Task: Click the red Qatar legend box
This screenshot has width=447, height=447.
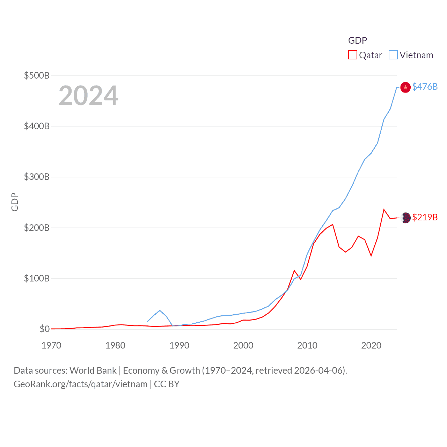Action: [x=353, y=55]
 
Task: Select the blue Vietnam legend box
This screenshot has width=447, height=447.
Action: [x=393, y=55]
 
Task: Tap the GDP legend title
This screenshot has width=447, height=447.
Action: [x=358, y=41]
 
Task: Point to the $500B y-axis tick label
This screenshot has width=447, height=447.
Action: [x=37, y=75]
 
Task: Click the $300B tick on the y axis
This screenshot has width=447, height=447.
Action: [x=37, y=177]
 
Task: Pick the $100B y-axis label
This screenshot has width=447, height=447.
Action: [x=37, y=278]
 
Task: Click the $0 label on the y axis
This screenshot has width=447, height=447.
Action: [x=44, y=329]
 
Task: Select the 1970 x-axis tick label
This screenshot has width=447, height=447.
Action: [x=51, y=345]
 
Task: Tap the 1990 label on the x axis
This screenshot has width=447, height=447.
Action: [x=179, y=345]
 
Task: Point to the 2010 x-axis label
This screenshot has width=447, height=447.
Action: [x=307, y=345]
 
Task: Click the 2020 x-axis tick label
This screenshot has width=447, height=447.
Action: [x=371, y=345]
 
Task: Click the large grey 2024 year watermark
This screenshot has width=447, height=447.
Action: [x=88, y=96]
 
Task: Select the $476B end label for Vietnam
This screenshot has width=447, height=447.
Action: [x=425, y=87]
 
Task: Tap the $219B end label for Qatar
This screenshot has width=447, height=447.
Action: [x=425, y=217]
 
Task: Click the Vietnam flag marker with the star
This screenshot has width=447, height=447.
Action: [x=405, y=87]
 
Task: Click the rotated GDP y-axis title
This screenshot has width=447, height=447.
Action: [x=15, y=202]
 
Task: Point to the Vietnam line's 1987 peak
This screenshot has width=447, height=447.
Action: [x=160, y=310]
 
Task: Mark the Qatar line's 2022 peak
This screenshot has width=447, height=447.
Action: [x=384, y=210]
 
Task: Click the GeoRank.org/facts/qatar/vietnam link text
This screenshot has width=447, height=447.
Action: [x=80, y=384]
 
